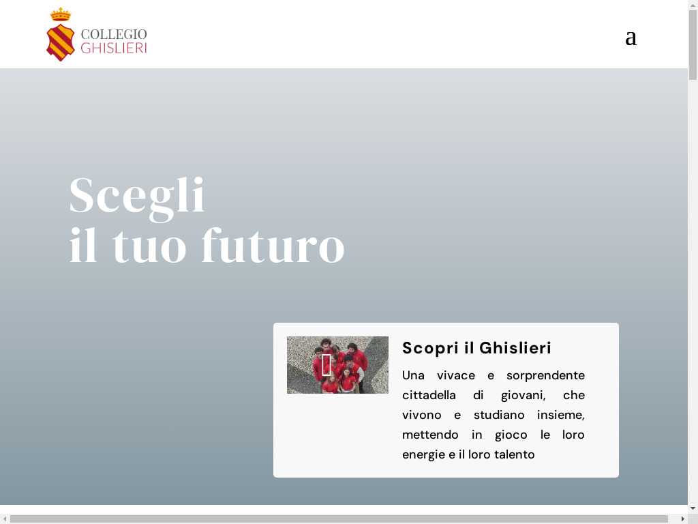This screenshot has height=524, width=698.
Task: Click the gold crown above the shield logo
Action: [x=61, y=15]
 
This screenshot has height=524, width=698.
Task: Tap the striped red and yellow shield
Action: [x=61, y=42]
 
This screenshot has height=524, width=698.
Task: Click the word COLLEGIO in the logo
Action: [x=114, y=34]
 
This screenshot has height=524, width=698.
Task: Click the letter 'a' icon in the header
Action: [x=631, y=38]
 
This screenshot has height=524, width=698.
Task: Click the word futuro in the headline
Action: [x=273, y=246]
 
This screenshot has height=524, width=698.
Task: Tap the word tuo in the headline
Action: [x=149, y=247]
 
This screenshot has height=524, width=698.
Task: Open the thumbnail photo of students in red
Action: [x=337, y=365]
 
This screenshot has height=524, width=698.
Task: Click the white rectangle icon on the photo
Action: [x=327, y=365]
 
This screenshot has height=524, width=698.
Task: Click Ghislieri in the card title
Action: [x=515, y=348]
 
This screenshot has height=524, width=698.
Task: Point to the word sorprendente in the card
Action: [x=545, y=376]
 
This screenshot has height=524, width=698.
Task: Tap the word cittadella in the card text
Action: [x=429, y=395]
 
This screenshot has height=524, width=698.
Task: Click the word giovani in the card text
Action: [x=523, y=396]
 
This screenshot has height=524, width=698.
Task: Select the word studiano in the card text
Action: [x=498, y=416]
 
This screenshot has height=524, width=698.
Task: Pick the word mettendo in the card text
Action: [x=430, y=435]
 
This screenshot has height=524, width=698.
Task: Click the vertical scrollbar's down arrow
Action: [x=693, y=508]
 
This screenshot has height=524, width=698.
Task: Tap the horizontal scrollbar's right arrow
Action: [x=683, y=519]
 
